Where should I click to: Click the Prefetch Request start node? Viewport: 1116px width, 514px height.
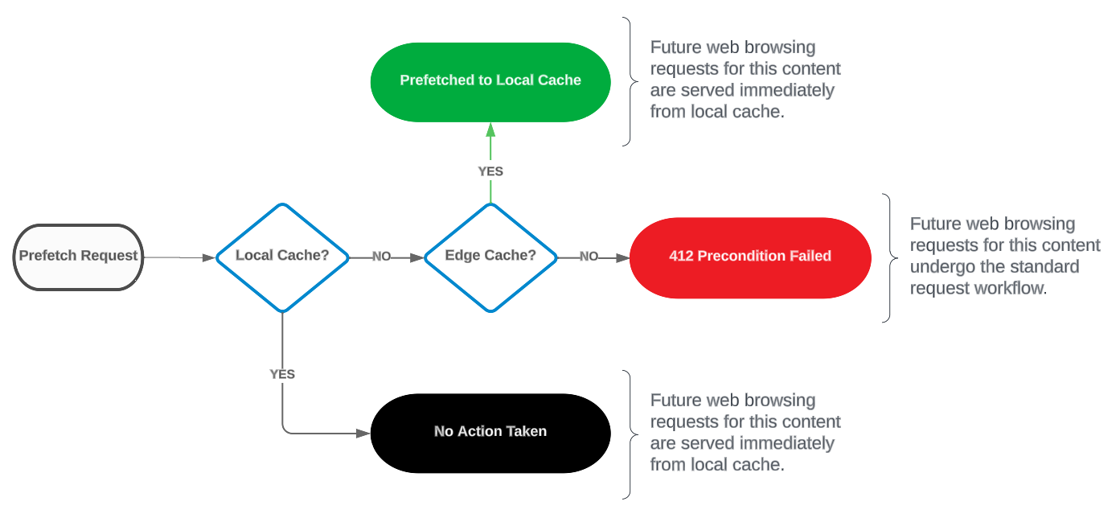(x=78, y=257)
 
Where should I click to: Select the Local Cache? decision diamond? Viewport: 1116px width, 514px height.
(x=282, y=257)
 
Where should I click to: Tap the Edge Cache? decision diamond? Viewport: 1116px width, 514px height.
(x=490, y=257)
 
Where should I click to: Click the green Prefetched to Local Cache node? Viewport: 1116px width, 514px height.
(x=490, y=82)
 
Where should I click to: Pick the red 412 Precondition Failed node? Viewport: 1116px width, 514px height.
(x=750, y=257)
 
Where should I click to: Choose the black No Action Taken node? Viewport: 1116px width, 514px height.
(x=490, y=434)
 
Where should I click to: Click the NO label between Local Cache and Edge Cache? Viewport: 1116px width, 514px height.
(x=382, y=257)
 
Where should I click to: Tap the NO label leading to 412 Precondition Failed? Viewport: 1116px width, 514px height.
(x=589, y=257)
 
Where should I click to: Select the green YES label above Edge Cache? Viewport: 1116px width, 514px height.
(x=490, y=171)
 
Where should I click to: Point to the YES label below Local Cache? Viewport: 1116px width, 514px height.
(x=282, y=374)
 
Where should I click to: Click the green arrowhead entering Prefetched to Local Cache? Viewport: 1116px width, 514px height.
(x=490, y=130)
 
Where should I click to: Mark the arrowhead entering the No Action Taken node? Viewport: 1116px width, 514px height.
(x=363, y=434)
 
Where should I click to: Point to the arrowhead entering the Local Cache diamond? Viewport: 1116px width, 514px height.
(x=209, y=257)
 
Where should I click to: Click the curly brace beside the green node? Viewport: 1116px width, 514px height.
(x=630, y=82)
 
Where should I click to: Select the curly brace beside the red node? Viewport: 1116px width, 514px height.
(x=890, y=258)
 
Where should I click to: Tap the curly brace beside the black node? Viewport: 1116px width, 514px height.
(x=630, y=434)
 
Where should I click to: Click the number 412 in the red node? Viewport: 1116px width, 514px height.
(x=681, y=256)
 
